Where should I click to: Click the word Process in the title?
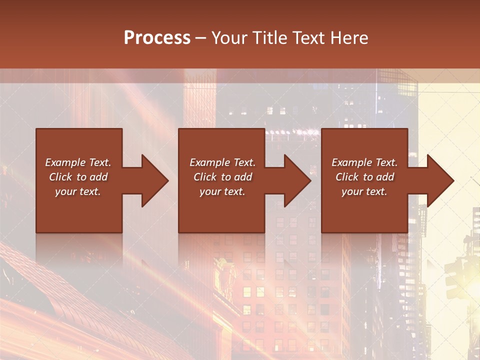(x=157, y=38)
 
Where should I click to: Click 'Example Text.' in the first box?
(x=78, y=162)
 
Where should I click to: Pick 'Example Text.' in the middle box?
(x=222, y=162)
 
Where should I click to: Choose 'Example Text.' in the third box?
(x=364, y=162)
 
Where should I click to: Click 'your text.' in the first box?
(x=78, y=191)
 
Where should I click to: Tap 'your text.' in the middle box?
(x=222, y=191)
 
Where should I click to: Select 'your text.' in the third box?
(x=364, y=191)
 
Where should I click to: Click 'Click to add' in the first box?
(x=78, y=177)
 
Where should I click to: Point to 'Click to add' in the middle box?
(x=222, y=177)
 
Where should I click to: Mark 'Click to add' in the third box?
(x=364, y=177)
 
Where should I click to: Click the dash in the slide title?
(x=200, y=38)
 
